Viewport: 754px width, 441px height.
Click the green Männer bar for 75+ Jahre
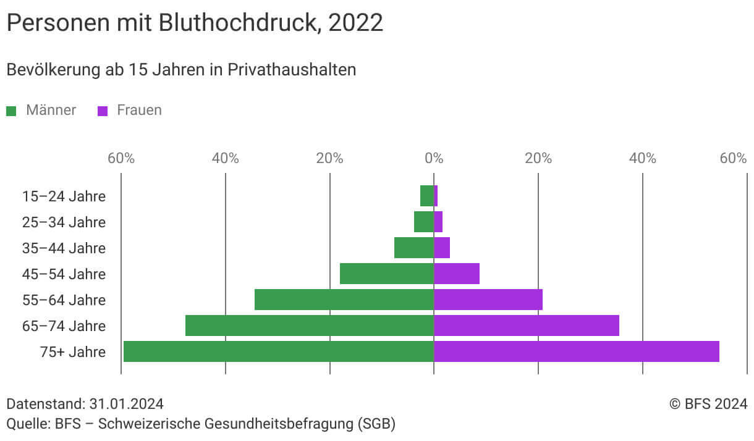tap(278, 351)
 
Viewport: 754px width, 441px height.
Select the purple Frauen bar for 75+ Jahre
tap(576, 351)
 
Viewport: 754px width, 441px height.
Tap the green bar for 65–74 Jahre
tap(309, 325)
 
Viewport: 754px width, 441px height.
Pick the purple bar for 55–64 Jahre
tap(488, 300)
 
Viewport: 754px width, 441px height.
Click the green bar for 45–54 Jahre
tap(386, 274)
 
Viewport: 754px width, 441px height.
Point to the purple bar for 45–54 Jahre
tap(456, 274)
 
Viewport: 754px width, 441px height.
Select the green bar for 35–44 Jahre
tap(413, 248)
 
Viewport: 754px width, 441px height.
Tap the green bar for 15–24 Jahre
tap(426, 196)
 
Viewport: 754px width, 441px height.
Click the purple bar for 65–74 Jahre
tap(526, 325)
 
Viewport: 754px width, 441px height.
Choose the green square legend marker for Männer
tap(11, 111)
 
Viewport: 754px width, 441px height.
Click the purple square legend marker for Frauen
tap(103, 111)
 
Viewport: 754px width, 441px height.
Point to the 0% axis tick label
tap(434, 158)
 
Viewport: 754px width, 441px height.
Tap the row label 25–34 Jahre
tap(64, 222)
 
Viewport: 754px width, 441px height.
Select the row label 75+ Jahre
tap(73, 352)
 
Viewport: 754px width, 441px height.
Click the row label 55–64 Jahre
tap(64, 300)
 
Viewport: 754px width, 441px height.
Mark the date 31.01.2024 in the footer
tap(126, 404)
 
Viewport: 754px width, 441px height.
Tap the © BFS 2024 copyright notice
tap(708, 404)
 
